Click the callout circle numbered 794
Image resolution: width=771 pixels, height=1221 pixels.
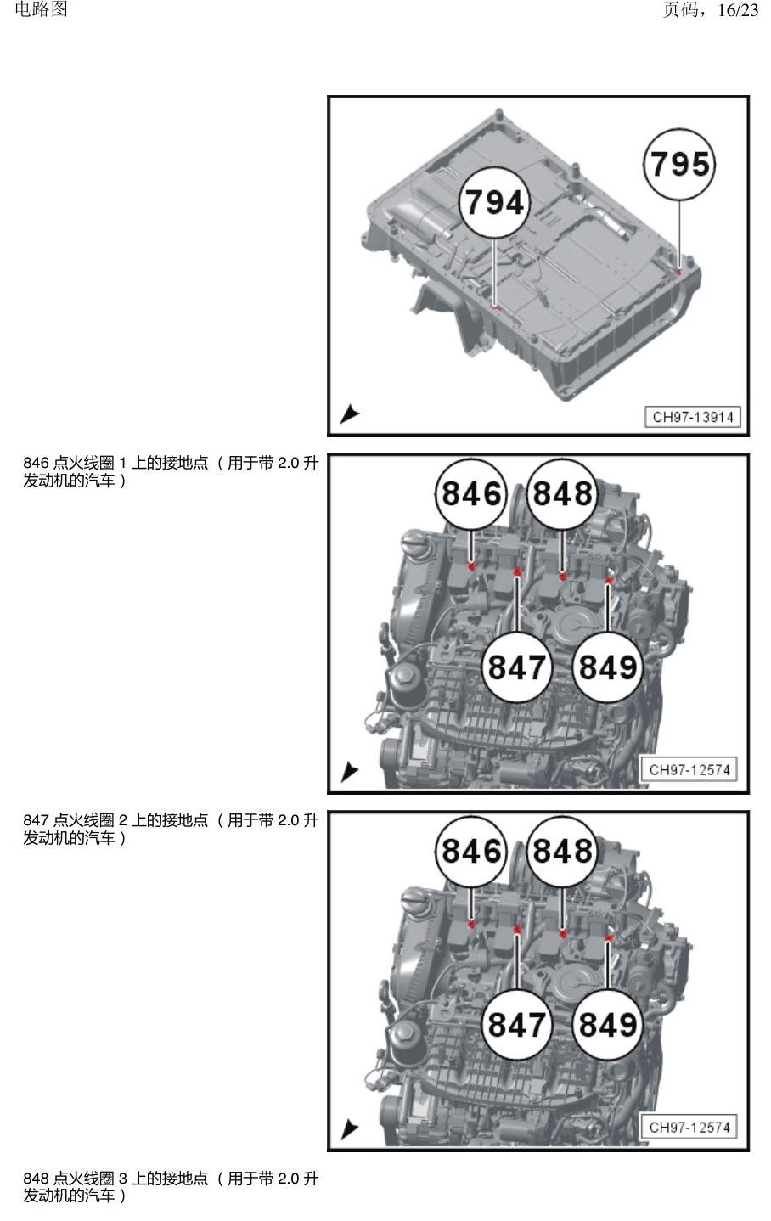pyautogui.click(x=494, y=202)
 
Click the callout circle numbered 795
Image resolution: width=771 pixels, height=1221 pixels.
pyautogui.click(x=679, y=164)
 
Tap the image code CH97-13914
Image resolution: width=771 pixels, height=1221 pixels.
pyautogui.click(x=693, y=417)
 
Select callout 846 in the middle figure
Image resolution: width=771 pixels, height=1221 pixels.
pyautogui.click(x=471, y=494)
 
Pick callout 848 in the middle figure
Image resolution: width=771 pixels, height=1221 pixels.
pyautogui.click(x=562, y=494)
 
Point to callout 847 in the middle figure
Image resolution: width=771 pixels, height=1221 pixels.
pyautogui.click(x=517, y=667)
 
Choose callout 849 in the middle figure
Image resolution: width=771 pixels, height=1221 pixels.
pyautogui.click(x=608, y=667)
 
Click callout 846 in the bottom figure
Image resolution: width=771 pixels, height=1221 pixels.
pyautogui.click(x=471, y=851)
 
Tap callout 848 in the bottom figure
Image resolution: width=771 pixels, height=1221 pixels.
pyautogui.click(x=562, y=851)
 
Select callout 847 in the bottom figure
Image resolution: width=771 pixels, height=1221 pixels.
pyautogui.click(x=517, y=1024)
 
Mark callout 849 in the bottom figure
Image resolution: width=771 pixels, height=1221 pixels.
pyautogui.click(x=608, y=1024)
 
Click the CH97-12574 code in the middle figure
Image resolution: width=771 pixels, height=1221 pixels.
pyautogui.click(x=689, y=769)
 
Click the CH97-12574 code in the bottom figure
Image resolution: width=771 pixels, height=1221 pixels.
pyautogui.click(x=689, y=1128)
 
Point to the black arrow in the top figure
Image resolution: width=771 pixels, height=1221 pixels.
pyautogui.click(x=349, y=414)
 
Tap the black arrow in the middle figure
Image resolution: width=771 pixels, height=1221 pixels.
pyautogui.click(x=349, y=772)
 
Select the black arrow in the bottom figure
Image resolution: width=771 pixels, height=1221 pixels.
pyautogui.click(x=349, y=1129)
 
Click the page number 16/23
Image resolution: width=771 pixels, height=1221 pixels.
pyautogui.click(x=738, y=10)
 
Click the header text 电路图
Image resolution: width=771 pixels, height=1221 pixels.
pyautogui.click(x=42, y=9)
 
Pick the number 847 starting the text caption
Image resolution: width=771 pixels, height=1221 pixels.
pyautogui.click(x=36, y=820)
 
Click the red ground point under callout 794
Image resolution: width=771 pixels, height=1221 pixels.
pyautogui.click(x=495, y=308)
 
